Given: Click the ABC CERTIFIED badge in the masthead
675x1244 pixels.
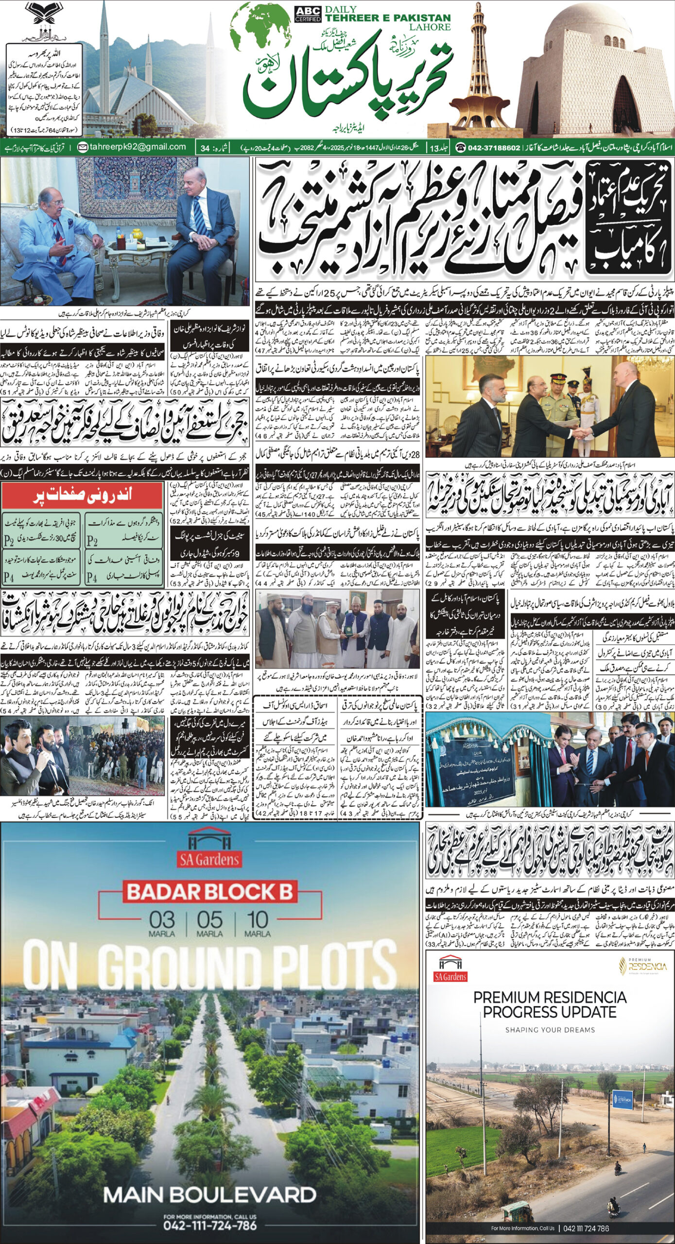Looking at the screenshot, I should [307, 15].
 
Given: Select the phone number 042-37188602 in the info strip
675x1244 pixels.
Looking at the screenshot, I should [493, 147].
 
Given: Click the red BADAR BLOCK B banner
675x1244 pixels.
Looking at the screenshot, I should [209, 892].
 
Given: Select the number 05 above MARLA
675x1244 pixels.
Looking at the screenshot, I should [209, 919].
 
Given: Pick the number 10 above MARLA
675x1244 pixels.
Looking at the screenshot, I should [257, 919].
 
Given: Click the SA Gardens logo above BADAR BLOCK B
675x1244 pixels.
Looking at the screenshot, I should [209, 852].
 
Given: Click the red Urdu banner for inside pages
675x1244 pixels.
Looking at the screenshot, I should [82, 495].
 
